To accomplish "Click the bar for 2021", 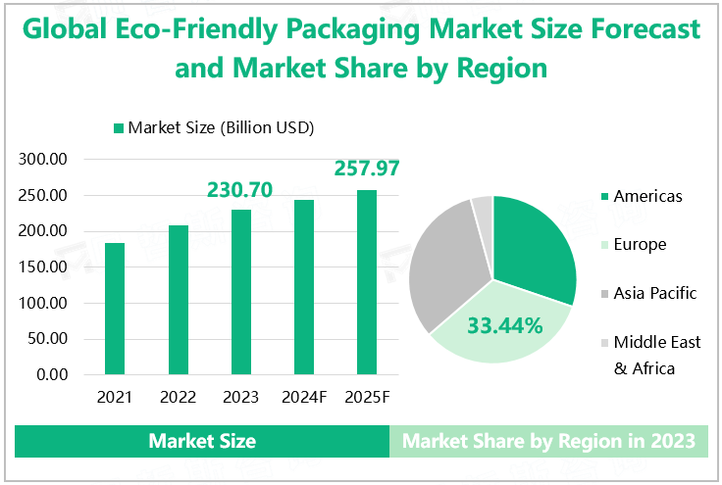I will [x=115, y=309].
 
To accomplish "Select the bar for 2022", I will [x=178, y=300].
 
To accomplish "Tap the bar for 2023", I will [x=240, y=292].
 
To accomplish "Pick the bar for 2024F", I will [x=304, y=287].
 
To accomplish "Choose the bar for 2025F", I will [x=367, y=282].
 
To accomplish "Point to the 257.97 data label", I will [x=365, y=169].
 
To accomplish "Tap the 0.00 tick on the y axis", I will [x=51, y=374].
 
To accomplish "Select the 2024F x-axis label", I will [x=304, y=397].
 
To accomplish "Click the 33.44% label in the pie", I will [x=504, y=325].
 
